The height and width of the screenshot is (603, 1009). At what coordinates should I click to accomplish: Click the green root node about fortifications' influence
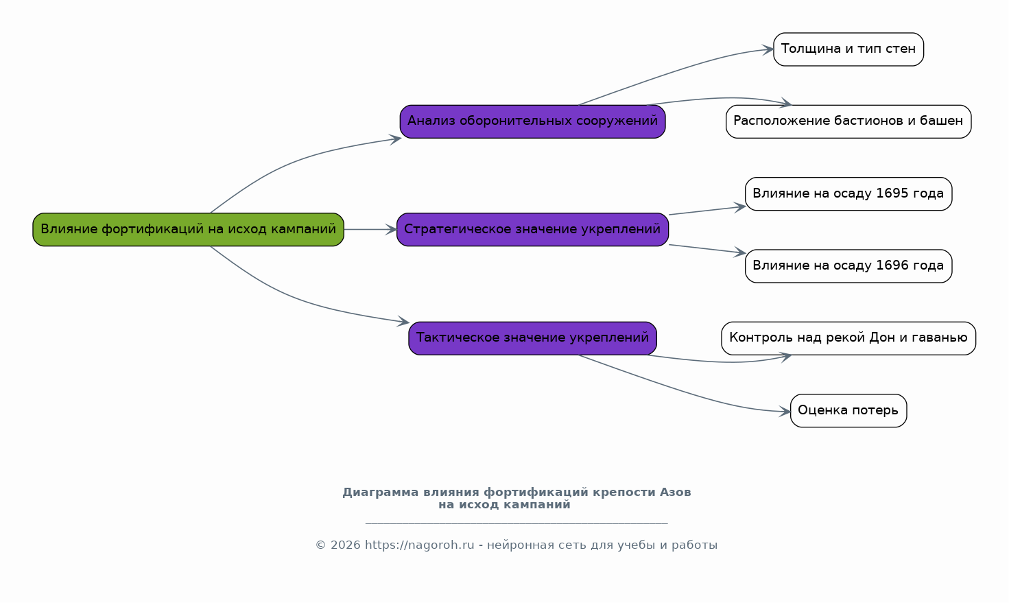pos(188,230)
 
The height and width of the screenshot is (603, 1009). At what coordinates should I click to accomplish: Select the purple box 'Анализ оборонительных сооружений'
pos(532,121)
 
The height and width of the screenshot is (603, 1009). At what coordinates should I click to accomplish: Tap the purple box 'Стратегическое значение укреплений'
pos(532,230)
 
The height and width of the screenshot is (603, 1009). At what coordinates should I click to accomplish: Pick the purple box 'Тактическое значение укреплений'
pos(532,338)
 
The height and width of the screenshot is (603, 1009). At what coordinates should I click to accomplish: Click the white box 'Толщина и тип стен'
pos(848,49)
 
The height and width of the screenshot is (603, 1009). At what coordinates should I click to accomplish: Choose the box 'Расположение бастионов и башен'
pos(848,121)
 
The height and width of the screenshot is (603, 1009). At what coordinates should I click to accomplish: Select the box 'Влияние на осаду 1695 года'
pos(848,194)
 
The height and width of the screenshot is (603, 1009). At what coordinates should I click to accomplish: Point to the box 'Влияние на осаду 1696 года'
pos(848,266)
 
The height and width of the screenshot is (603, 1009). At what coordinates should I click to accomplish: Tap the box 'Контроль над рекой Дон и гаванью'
pos(848,338)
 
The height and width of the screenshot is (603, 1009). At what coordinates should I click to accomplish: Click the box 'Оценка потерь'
pos(848,411)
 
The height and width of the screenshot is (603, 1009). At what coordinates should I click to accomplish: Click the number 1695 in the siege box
pos(892,193)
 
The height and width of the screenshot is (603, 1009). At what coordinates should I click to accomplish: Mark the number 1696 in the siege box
pos(892,265)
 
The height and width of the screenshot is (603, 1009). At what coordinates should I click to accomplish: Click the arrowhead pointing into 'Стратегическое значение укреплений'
pos(391,230)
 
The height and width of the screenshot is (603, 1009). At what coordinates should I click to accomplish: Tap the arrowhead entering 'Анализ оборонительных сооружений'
pos(395,140)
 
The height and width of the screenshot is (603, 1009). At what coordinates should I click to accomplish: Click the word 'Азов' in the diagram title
pos(675,493)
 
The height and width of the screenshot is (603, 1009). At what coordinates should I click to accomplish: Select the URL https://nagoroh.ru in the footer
pos(419,545)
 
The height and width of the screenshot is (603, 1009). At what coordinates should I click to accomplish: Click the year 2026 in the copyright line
pos(346,545)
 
